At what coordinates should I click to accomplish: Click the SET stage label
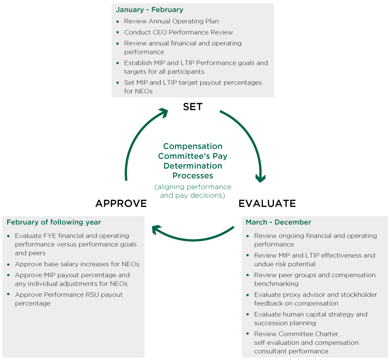coord(193,107)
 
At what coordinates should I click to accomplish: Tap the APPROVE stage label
coord(121,204)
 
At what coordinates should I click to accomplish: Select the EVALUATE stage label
coord(267,204)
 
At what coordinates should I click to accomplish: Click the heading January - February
coord(149,10)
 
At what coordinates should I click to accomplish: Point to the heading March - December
coord(278,222)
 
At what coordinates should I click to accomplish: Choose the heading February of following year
coord(54,222)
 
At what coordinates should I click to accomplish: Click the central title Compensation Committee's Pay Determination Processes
coord(193,161)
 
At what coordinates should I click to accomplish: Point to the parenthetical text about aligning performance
coord(193,191)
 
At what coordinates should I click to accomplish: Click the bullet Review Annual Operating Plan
coord(171,21)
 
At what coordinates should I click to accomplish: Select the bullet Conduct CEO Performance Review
coord(178,32)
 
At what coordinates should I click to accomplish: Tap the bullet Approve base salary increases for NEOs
coord(77,264)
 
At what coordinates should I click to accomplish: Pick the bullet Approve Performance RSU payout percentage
coord(68,299)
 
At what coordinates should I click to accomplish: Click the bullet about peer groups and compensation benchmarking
coord(314,279)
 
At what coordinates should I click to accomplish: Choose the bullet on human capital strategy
coord(311,319)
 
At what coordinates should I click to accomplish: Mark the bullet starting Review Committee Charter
coord(306,342)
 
